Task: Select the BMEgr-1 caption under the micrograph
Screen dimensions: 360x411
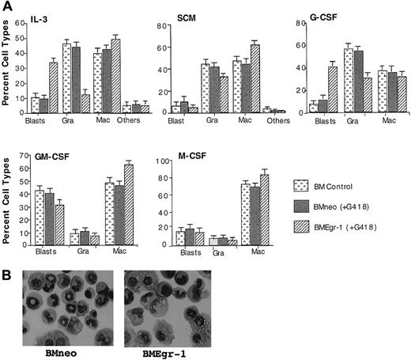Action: tap(159, 349)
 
